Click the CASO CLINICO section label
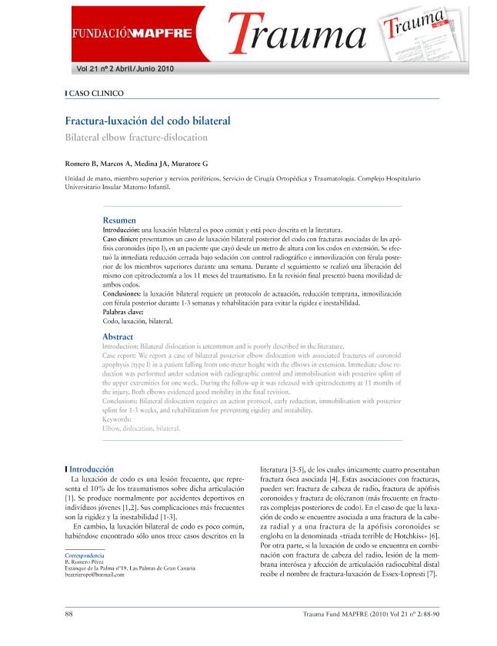pos(96,94)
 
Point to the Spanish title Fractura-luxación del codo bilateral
pos(147,121)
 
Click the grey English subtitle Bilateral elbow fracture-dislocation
pos(135,137)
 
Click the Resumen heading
pos(119,220)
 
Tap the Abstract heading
pos(118,337)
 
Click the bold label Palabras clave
pos(123,312)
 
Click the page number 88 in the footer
pos(69,615)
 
